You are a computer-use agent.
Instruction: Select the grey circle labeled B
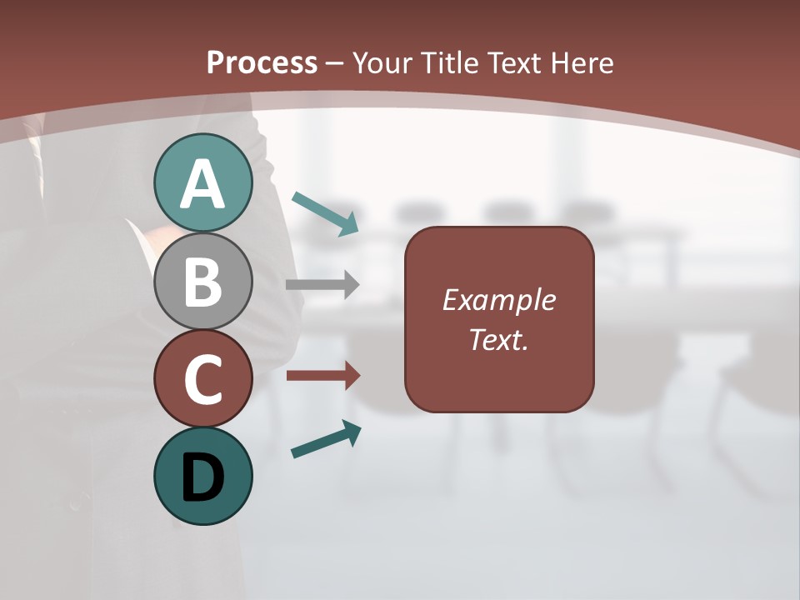tap(202, 281)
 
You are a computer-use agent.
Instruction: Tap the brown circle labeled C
tap(202, 378)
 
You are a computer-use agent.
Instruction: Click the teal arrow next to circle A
tap(326, 213)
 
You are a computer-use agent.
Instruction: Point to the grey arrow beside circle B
tap(322, 285)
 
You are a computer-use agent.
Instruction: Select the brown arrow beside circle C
tap(322, 376)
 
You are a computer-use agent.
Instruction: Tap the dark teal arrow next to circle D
tap(327, 439)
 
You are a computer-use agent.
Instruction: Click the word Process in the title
tap(262, 62)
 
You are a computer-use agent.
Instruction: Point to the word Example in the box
tap(498, 300)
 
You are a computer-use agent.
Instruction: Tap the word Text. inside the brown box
tap(498, 339)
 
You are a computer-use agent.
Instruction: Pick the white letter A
tap(202, 184)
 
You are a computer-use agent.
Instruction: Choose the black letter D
tap(202, 478)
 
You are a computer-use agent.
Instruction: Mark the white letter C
tap(202, 380)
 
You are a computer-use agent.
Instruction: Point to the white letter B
tap(202, 282)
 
